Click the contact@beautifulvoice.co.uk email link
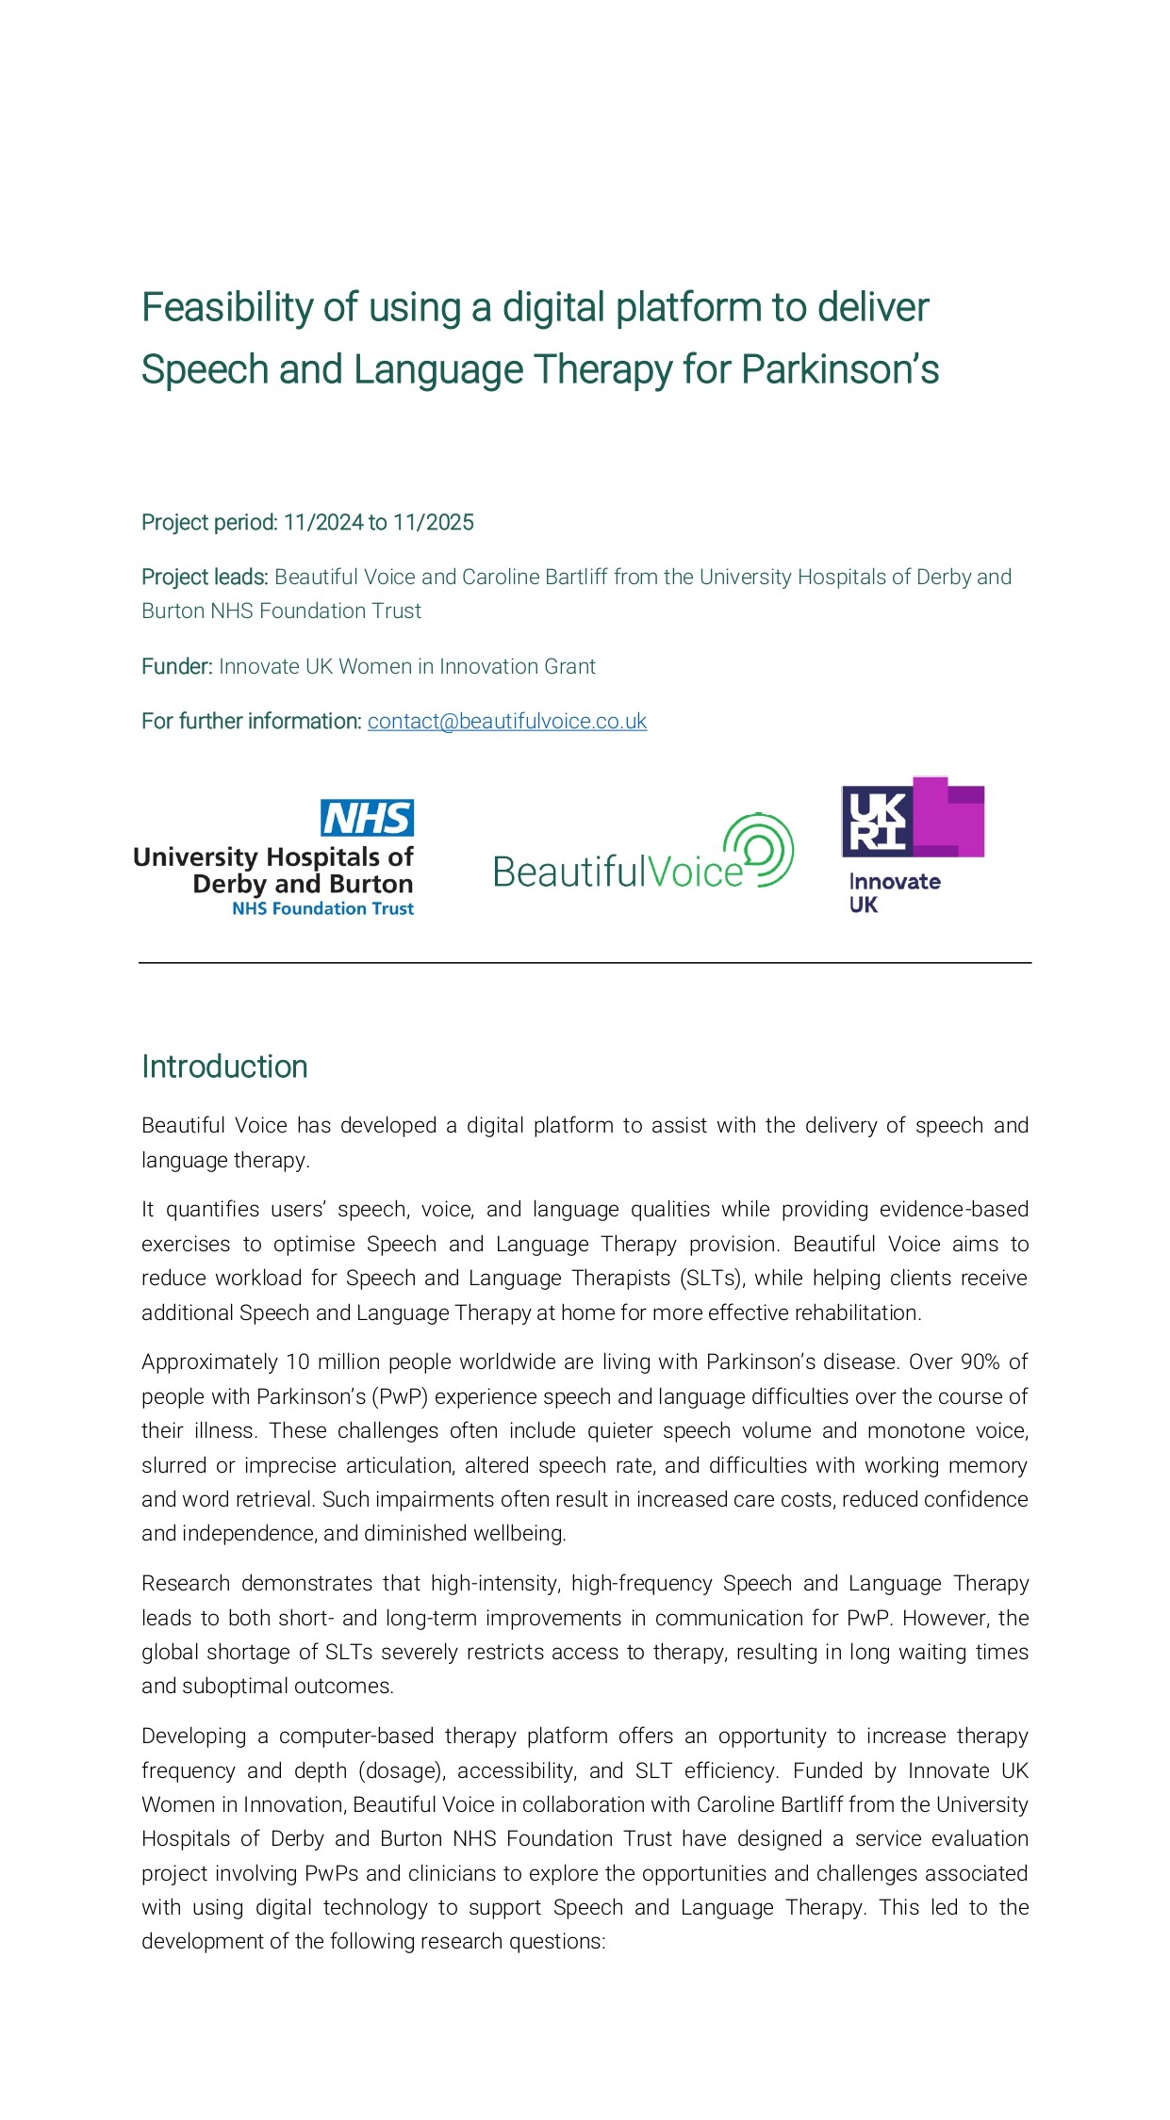coord(506,722)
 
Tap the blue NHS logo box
coord(367,818)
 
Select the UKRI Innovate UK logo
coord(912,844)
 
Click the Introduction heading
coord(224,1067)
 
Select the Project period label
coord(209,523)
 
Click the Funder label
coord(177,667)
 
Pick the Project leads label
coord(205,578)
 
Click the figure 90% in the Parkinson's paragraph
coord(980,1362)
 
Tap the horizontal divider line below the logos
coord(585,963)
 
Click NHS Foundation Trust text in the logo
coord(322,909)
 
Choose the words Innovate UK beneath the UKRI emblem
coord(893,892)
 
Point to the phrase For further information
coord(251,722)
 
